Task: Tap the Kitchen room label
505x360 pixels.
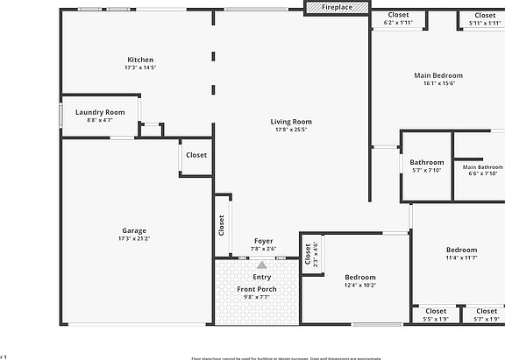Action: coord(140,60)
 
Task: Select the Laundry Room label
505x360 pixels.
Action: coord(100,112)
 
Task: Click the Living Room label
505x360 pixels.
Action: coord(290,122)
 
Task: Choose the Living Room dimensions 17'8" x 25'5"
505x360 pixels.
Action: coord(290,131)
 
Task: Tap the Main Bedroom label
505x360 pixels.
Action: coord(438,75)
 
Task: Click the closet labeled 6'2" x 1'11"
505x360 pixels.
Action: coord(397,23)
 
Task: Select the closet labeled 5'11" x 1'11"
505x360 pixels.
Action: coord(483,23)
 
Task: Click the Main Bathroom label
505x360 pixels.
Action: coord(483,166)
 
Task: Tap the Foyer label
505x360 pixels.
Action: coord(263,241)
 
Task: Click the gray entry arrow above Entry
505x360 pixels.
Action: coord(261,265)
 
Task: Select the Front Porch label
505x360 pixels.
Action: coord(257,289)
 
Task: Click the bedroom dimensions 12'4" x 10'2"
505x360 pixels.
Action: coord(359,286)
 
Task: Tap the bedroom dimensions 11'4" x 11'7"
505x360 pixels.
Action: coord(461,258)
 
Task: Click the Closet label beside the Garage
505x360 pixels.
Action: coord(196,155)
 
